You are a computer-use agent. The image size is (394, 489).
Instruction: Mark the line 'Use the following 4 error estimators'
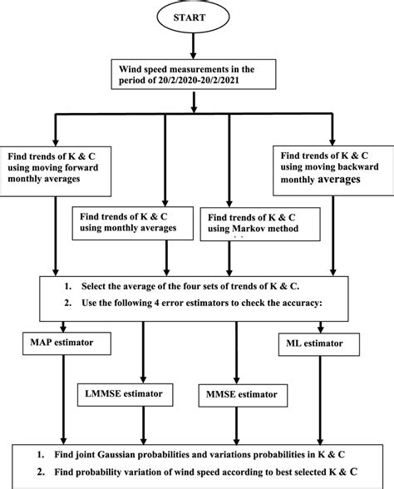click(195, 304)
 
